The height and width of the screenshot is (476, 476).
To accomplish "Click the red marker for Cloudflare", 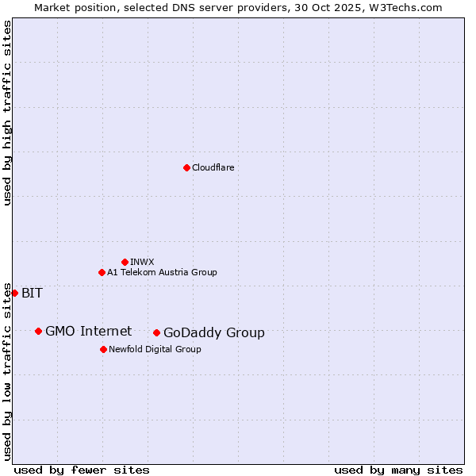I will click(x=186, y=167).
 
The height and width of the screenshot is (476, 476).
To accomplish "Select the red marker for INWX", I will click(x=125, y=262).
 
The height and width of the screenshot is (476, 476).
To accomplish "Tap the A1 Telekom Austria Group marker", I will click(x=102, y=272).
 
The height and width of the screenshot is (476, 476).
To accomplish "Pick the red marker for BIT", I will click(x=14, y=293).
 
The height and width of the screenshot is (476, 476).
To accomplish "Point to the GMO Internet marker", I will click(x=38, y=331).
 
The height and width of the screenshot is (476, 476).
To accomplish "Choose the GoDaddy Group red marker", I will click(x=156, y=332).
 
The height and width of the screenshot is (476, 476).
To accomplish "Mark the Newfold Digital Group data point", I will click(x=103, y=349).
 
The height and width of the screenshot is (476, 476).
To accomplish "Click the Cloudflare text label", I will click(x=213, y=167).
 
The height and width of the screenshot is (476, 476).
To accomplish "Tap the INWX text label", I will click(x=142, y=262).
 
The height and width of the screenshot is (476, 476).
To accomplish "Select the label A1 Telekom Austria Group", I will click(x=162, y=272).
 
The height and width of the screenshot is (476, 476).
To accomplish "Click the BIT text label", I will click(x=32, y=293).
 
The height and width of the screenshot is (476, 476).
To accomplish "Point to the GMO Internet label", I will click(x=88, y=331).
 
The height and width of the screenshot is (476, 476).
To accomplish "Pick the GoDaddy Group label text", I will click(x=214, y=332).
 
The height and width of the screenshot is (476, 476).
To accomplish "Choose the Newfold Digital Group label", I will click(x=155, y=349).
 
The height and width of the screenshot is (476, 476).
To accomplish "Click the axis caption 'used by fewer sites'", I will click(x=82, y=470).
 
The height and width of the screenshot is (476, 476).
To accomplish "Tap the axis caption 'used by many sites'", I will click(x=398, y=470).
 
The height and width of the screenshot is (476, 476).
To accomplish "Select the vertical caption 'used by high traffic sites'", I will click(x=7, y=113).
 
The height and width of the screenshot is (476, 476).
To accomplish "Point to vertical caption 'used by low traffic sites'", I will click(x=7, y=370).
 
